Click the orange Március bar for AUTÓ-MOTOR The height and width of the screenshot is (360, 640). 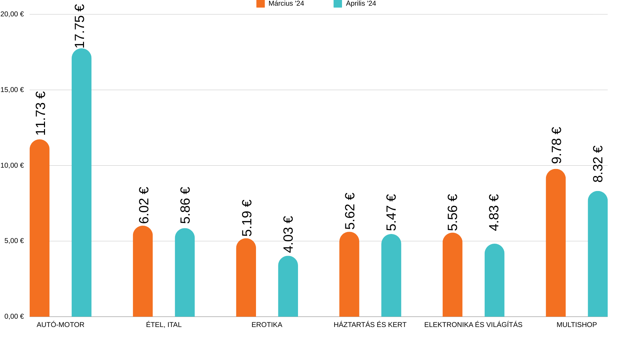point(40,228)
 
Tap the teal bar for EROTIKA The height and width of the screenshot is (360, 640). point(288,287)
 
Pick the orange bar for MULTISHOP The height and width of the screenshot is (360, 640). point(556,243)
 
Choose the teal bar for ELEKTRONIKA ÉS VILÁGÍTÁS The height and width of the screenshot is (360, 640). point(494,281)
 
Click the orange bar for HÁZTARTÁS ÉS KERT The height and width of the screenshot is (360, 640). point(349,275)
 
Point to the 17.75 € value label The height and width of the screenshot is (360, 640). point(80,26)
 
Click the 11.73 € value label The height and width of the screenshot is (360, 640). point(40,113)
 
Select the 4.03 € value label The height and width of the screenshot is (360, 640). point(288,234)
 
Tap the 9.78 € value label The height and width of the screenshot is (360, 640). point(557,145)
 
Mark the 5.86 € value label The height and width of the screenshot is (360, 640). point(185,205)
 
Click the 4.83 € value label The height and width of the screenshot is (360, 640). point(494,212)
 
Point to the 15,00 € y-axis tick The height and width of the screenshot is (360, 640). point(12,90)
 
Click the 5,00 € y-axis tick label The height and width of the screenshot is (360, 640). point(14,241)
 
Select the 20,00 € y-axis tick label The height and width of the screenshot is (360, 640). point(12,14)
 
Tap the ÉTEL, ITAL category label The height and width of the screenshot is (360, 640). point(164,325)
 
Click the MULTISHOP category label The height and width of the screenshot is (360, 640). point(577,325)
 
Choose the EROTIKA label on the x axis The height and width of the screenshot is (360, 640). point(267,325)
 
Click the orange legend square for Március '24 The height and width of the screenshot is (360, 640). point(260,4)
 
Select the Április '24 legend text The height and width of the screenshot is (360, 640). point(361,4)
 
